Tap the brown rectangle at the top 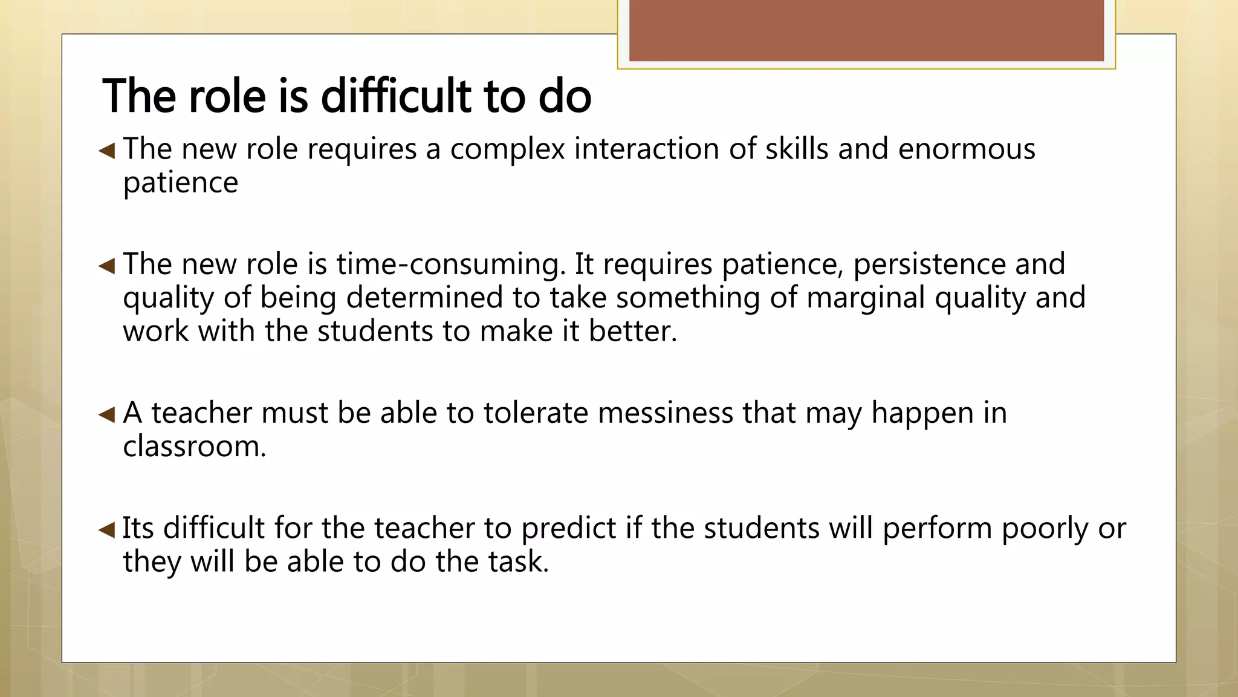click(x=866, y=30)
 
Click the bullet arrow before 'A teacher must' click(x=107, y=414)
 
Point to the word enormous click(x=966, y=149)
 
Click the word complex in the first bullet click(x=507, y=149)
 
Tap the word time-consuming click(x=450, y=264)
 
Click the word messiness click(x=634, y=413)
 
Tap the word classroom click(x=193, y=447)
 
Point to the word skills click(x=796, y=149)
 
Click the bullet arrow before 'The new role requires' click(x=107, y=150)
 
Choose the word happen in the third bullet click(x=922, y=413)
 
